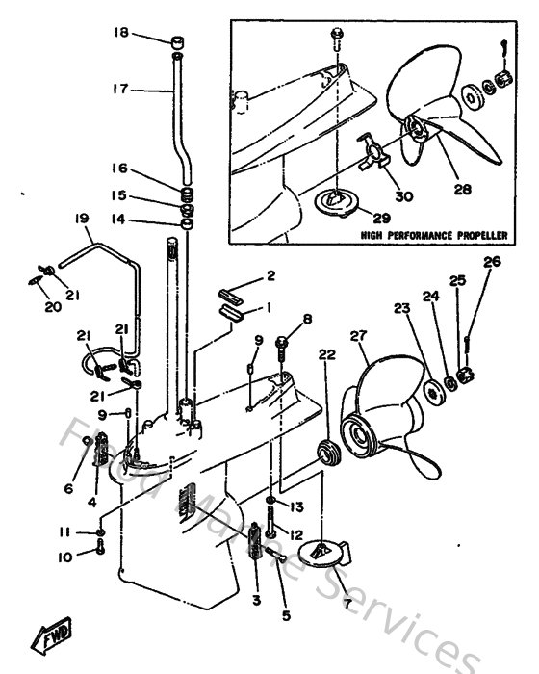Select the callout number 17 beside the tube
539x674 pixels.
coord(119,90)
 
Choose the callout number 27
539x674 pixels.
coord(359,336)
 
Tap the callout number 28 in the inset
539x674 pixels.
coord(462,191)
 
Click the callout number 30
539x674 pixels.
coord(402,196)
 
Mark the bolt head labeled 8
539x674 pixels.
coord(281,340)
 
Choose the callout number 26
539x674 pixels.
coord(492,261)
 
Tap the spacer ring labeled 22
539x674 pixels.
coord(328,450)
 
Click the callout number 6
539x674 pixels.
coord(68,488)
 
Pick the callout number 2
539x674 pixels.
coord(270,275)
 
